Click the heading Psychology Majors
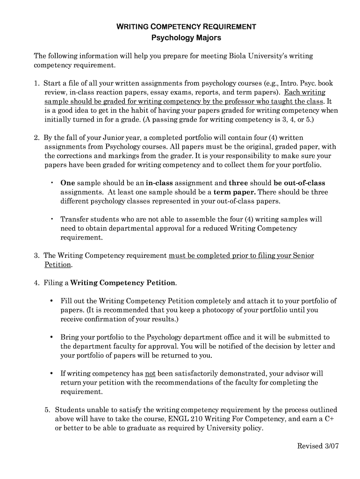tap(186, 37)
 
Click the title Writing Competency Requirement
tap(186, 27)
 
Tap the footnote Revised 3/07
tap(318, 446)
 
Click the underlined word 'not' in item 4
tap(150, 373)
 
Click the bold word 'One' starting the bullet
tap(67, 183)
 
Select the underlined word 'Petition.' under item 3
tap(58, 265)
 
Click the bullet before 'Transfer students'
tap(52, 219)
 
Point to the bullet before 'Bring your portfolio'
tap(52, 337)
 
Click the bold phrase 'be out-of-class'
tap(299, 183)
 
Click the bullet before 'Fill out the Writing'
tap(52, 301)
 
